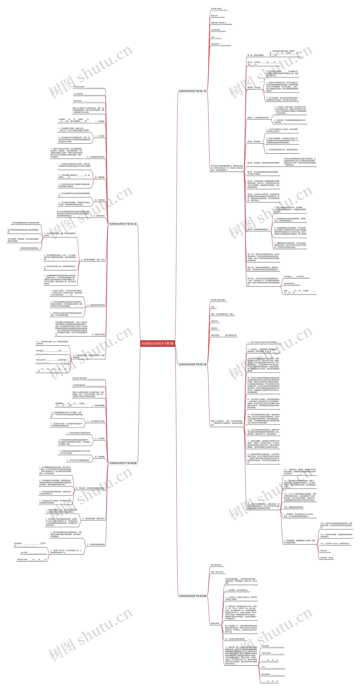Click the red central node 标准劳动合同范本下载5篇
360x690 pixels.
[x=158, y=343]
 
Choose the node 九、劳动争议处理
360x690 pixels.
[x=98, y=335]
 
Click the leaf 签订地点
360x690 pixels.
[x=325, y=551]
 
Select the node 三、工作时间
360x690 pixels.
[x=100, y=438]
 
